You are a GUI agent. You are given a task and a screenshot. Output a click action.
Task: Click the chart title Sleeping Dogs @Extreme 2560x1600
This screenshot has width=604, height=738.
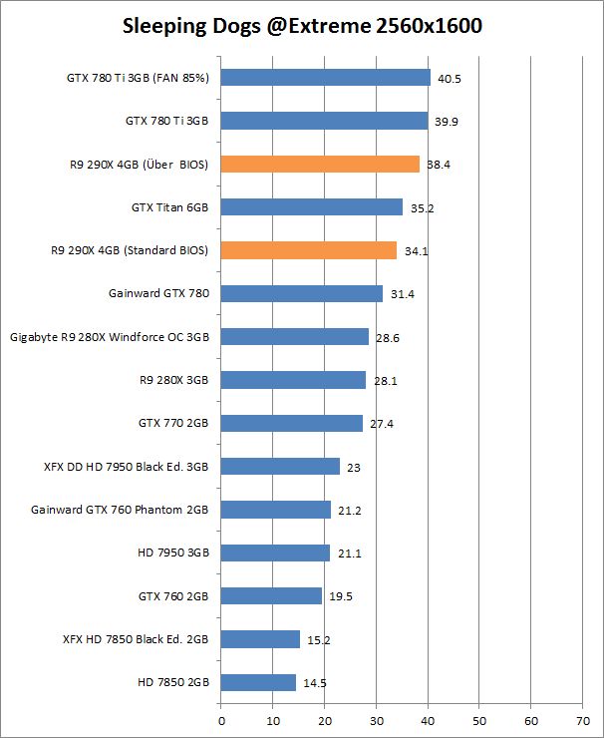(x=302, y=27)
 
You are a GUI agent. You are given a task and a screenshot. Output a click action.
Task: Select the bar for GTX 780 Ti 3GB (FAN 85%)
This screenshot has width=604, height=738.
(x=325, y=78)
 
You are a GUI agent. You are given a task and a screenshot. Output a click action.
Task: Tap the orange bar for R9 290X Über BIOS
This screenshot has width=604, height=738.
(x=320, y=165)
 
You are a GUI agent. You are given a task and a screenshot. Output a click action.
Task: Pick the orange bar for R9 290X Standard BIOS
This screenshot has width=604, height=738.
(x=308, y=250)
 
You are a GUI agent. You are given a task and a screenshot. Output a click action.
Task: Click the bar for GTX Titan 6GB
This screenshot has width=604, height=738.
(x=311, y=207)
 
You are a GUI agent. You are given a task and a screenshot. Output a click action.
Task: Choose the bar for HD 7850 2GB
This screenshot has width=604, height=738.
(x=258, y=682)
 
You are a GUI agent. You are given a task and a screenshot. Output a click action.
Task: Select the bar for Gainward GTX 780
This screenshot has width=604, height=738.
(x=301, y=293)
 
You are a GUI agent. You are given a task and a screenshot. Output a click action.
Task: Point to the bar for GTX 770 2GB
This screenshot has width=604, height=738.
(x=291, y=423)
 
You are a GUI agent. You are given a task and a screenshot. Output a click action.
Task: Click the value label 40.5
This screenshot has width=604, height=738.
(x=450, y=79)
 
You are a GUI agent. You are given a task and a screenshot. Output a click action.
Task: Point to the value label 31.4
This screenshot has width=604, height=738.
(x=402, y=294)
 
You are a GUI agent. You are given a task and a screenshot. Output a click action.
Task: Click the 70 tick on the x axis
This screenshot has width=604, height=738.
(x=582, y=718)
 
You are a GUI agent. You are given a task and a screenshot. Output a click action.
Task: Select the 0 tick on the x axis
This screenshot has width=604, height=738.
(x=220, y=718)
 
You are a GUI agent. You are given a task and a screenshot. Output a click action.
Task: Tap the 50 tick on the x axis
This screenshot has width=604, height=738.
(x=478, y=718)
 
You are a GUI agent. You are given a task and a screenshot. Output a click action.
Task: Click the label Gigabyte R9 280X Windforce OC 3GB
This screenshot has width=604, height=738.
(x=110, y=337)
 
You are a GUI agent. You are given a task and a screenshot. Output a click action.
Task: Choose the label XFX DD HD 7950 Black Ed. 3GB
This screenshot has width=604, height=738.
(x=127, y=466)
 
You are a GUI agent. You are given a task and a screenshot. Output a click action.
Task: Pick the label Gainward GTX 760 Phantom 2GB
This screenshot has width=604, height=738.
(x=120, y=510)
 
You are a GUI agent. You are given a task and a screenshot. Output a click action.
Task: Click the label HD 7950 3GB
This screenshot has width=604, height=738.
(x=172, y=553)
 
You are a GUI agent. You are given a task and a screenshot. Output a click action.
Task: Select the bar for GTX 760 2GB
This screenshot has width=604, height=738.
(x=271, y=595)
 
